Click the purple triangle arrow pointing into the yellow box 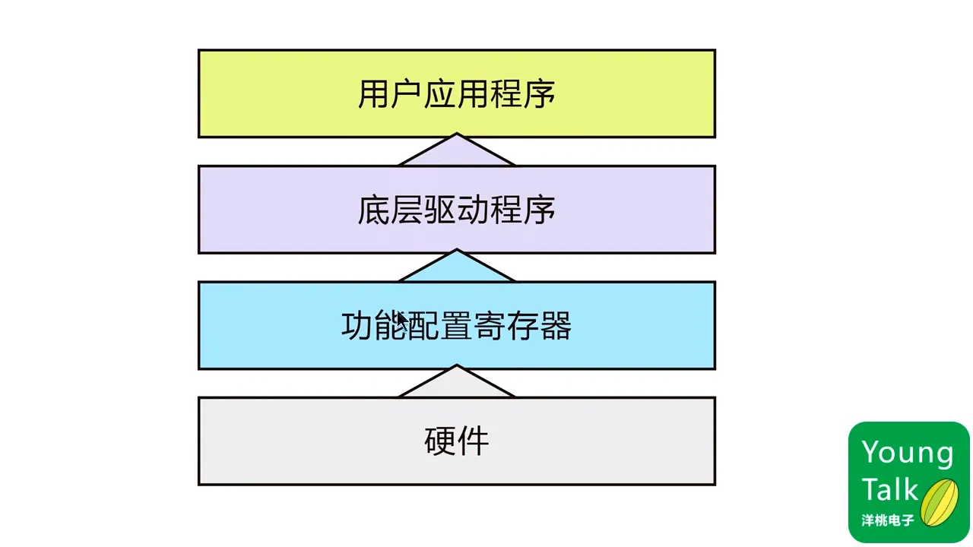point(456,153)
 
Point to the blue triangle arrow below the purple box point(456,268)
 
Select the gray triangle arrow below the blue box point(456,384)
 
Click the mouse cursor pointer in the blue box point(402,319)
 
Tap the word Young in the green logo point(907,453)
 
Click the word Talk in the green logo point(889,490)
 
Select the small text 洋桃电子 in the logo point(887,521)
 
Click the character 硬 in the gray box point(440,441)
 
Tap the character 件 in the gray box point(474,441)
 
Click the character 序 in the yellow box point(540,95)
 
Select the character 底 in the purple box point(373,210)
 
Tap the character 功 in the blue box point(357,327)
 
